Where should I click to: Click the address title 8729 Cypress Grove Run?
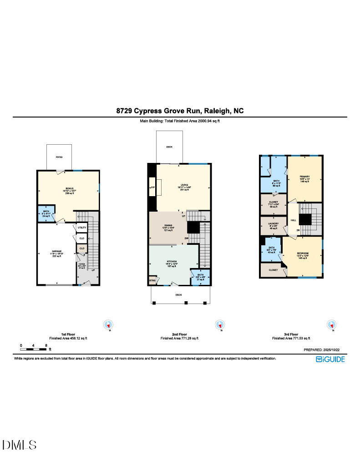pos(180,111)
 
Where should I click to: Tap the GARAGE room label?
pos(56,251)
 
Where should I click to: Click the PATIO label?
pos(59,157)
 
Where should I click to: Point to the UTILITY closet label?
pos(82,228)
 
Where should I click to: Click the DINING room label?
pos(168,226)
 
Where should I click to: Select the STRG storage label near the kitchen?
pos(152,281)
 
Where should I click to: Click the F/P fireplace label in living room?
pos(153,187)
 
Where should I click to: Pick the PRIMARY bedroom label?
pos(304,176)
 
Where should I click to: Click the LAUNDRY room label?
pos(273,224)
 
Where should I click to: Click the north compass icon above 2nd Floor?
pos(220,325)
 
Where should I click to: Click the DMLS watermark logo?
pos(19,445)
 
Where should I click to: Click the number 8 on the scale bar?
pos(46,345)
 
